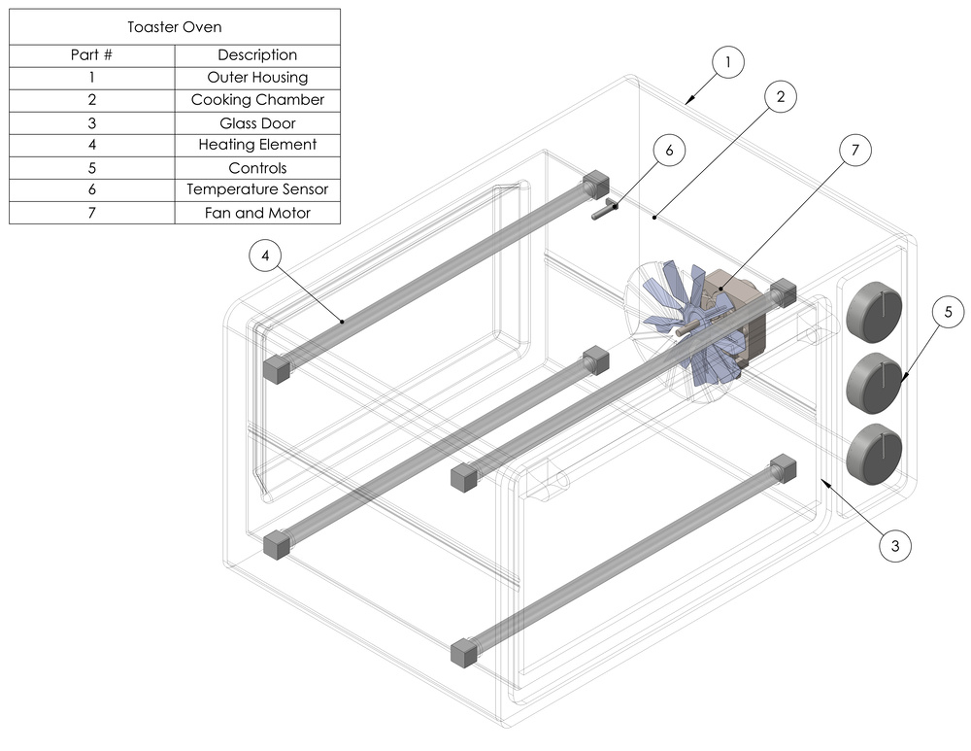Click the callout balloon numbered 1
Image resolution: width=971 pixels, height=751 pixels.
(x=727, y=63)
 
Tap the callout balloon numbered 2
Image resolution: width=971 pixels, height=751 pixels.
(x=780, y=97)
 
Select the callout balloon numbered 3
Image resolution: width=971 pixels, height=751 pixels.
(x=895, y=546)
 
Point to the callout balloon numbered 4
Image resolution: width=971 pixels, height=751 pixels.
(x=267, y=256)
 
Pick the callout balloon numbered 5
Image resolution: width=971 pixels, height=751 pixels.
(x=949, y=312)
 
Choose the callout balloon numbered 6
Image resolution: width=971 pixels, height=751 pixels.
(x=669, y=151)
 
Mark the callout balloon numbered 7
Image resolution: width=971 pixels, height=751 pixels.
(x=854, y=151)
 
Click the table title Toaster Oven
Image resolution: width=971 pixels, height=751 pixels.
(x=175, y=27)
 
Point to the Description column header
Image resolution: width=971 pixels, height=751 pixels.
(x=257, y=55)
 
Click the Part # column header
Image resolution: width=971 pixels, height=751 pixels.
(x=92, y=55)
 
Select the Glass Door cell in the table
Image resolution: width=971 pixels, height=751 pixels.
(x=257, y=122)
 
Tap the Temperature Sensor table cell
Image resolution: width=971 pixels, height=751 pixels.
(x=257, y=189)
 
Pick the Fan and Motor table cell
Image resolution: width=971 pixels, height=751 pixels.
(x=257, y=213)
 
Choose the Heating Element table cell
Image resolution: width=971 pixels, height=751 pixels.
(x=257, y=145)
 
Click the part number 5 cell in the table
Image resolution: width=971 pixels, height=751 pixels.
(x=92, y=167)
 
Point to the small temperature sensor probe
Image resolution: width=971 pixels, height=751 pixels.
(x=605, y=207)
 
